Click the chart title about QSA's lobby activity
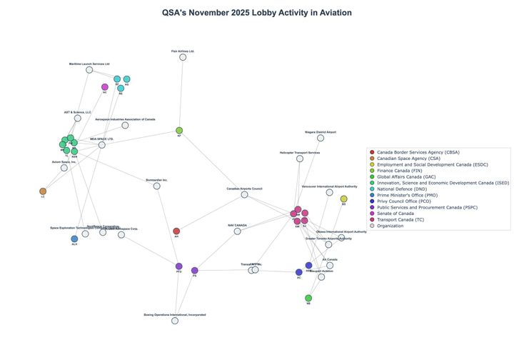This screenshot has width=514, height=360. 257,13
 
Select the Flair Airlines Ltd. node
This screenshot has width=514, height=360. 183,57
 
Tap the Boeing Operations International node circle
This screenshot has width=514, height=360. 175,321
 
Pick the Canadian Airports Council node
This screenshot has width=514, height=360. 245,194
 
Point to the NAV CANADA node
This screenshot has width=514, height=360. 237,231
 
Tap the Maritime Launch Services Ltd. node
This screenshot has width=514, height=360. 89,70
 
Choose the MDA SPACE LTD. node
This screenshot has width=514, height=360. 102,145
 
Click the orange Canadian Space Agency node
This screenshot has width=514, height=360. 43,191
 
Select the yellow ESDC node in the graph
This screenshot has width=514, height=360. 343,199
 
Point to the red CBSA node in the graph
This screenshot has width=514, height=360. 176,231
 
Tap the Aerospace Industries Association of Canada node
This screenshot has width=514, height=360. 125,125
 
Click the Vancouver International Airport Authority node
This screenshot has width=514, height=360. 329,192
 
